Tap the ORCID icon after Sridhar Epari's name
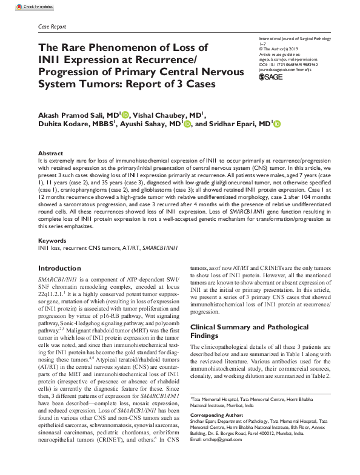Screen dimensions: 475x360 278,124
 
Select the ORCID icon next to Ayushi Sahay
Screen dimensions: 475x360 188,124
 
